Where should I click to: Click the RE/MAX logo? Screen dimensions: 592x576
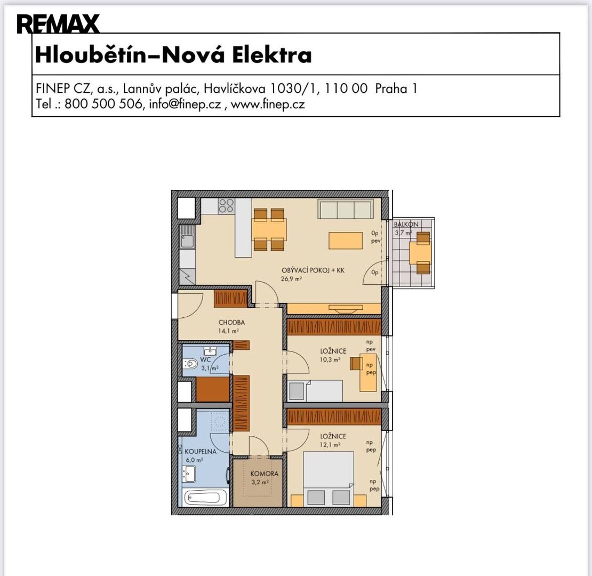tap(58, 24)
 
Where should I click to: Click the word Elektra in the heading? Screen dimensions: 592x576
tap(272, 55)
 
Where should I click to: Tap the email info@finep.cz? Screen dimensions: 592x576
tap(185, 104)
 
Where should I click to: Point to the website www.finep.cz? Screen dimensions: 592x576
tap(268, 104)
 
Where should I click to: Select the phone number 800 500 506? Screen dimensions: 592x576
tap(103, 104)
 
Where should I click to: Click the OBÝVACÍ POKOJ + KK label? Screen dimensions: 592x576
tap(313, 270)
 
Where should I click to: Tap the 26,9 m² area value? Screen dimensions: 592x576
tap(291, 279)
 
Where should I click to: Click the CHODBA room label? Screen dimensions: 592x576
tap(231, 322)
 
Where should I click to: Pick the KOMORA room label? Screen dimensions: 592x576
tap(265, 473)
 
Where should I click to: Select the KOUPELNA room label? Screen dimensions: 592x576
tap(201, 451)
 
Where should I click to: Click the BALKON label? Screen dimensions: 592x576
tap(406, 224)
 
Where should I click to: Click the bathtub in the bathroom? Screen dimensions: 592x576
tap(205, 498)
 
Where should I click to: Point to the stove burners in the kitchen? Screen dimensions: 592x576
tap(227, 206)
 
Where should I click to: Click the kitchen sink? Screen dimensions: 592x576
tap(187, 236)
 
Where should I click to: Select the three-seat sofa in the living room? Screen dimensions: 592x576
tap(346, 209)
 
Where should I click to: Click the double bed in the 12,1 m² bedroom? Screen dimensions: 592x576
tap(329, 479)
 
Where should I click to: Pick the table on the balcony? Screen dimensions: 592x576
tap(420, 252)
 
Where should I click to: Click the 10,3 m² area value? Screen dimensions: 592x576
tap(330, 359)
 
